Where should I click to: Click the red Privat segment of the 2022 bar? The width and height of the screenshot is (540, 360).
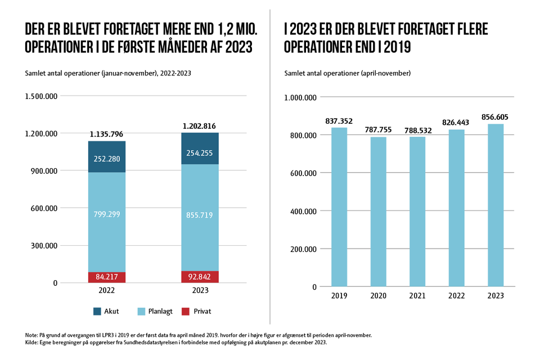[x=106, y=277]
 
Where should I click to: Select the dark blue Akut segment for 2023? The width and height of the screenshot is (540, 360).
[x=200, y=148]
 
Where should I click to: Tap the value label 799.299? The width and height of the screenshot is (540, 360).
[x=106, y=214]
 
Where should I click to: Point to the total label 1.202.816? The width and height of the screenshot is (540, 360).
[x=200, y=126]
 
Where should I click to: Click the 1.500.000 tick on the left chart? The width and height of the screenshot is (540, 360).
[x=41, y=96]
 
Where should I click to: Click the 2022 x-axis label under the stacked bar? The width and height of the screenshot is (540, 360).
[x=106, y=290]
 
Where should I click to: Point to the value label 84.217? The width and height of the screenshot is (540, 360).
[x=106, y=277]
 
